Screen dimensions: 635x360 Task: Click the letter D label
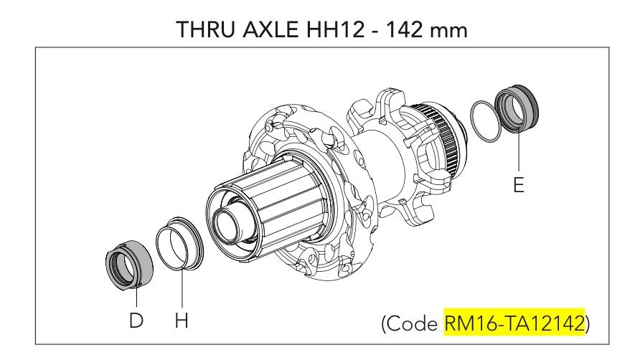[x=136, y=321]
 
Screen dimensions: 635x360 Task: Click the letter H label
[x=182, y=321]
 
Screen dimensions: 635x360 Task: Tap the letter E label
[x=519, y=185]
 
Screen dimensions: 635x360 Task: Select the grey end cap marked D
[x=129, y=265]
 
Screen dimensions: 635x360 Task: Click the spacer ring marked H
[x=180, y=243]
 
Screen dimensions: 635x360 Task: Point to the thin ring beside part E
[x=486, y=121]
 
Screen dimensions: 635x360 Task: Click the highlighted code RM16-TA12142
[x=514, y=323]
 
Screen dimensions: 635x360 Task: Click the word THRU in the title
[x=207, y=29]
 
